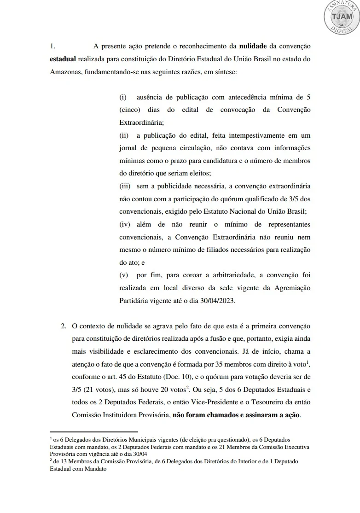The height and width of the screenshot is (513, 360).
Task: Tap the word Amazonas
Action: [65, 73]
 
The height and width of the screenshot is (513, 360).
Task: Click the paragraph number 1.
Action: [52, 46]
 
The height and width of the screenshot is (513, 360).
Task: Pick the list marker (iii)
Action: [125, 186]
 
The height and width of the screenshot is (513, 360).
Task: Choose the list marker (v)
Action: [123, 275]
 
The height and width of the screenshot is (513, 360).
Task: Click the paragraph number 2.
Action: [64, 326]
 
